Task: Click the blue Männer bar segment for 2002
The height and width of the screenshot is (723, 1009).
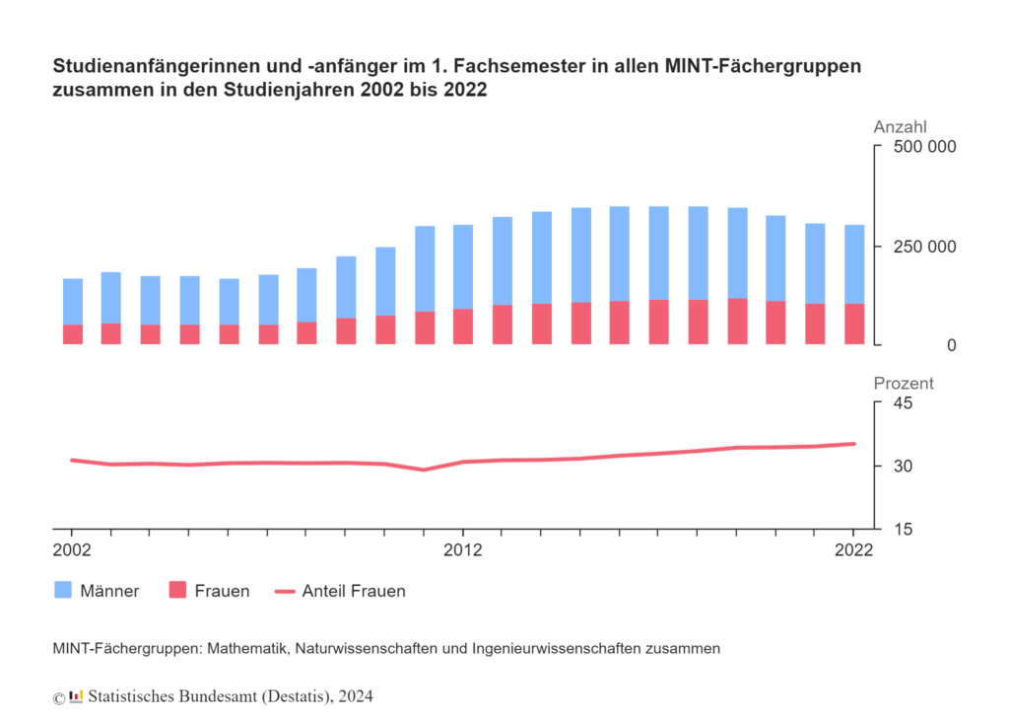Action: [x=73, y=301]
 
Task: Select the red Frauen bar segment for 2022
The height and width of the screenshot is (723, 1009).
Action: [x=854, y=324]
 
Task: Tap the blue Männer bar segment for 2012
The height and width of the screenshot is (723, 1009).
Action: [x=463, y=266]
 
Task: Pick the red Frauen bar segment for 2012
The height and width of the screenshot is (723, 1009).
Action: [x=463, y=326]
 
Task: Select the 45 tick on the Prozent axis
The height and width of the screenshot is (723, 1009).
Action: [x=903, y=403]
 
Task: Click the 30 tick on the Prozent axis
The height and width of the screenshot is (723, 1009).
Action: [x=903, y=466]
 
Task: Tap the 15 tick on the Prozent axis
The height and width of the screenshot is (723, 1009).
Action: [x=903, y=529]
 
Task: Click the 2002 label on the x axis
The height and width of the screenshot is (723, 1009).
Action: [x=72, y=550]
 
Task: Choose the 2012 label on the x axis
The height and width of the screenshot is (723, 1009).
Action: [x=462, y=550]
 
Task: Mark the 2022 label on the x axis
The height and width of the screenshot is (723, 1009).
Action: [x=853, y=550]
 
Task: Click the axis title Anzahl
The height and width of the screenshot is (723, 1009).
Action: [x=900, y=127]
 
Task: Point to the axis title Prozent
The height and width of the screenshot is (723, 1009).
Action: [x=903, y=384]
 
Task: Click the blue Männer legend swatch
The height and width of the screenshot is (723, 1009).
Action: [x=63, y=591]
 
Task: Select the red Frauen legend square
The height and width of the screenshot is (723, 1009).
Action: [x=177, y=591]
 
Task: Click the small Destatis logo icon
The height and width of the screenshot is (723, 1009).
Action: [x=76, y=696]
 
